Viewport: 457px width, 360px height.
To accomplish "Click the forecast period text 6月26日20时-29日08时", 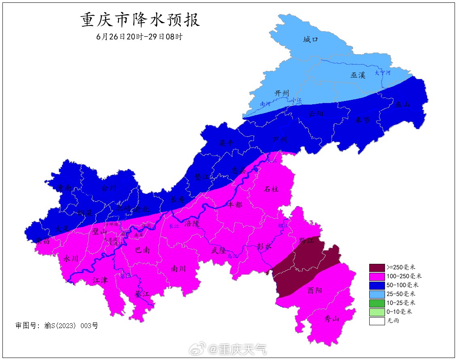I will pos(140,36).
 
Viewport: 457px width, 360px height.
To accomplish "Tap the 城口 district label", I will pos(311,40).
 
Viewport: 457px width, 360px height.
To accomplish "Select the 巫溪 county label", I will pos(358,75).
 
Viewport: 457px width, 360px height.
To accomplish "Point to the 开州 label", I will pos(282,93).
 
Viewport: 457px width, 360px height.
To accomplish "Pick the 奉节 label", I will pos(362,120).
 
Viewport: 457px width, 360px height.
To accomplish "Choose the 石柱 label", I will pos(271,189).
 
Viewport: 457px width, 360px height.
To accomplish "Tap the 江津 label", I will pos(100,280).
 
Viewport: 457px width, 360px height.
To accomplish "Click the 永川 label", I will pos(71,259).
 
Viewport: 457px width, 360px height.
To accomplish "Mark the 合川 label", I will pos(108,188).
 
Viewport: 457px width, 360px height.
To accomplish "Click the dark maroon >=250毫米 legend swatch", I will pos(377,267).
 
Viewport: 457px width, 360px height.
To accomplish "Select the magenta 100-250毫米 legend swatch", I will pos(377,276).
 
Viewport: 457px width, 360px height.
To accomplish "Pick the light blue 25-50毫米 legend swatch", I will pos(377,294).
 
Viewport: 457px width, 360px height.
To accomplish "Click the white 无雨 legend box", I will pos(377,321).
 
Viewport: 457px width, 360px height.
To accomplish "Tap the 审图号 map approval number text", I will pos(57,325).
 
